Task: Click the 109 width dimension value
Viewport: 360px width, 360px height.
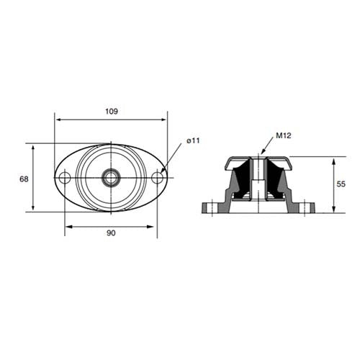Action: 111,112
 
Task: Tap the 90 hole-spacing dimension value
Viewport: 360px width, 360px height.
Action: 111,233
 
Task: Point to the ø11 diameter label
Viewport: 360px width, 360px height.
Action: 192,141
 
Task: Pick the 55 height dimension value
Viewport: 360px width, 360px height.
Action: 341,184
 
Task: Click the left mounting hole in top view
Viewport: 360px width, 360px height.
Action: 65,177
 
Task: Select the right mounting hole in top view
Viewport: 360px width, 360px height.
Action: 157,177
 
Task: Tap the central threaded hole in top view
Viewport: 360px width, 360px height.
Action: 111,177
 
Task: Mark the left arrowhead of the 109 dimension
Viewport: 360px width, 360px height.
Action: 58,120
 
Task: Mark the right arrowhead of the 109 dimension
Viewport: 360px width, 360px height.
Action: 164,120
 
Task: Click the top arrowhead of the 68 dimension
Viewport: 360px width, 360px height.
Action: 33,145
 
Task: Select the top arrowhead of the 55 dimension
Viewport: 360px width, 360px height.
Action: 334,159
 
